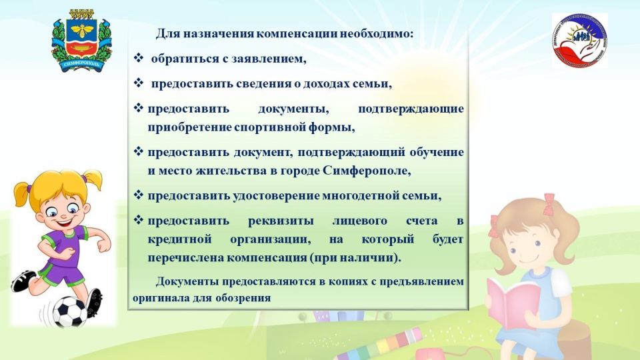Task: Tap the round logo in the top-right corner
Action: [x=579, y=40]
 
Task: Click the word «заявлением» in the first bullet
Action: [x=269, y=59]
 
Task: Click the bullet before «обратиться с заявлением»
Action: [x=139, y=59]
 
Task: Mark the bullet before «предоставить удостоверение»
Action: [x=139, y=195]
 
